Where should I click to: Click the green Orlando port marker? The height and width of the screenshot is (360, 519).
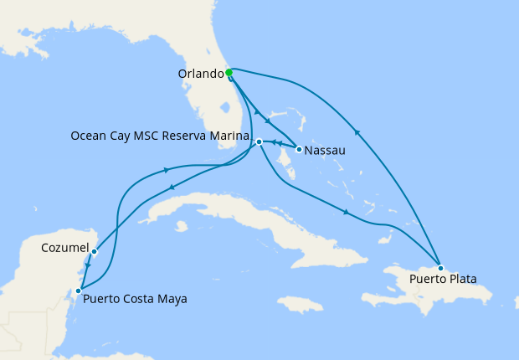[x=229, y=73]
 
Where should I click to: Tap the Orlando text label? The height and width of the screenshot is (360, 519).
[x=201, y=74]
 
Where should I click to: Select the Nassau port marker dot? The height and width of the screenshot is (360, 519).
[x=299, y=149]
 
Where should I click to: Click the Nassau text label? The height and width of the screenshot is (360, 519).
[x=324, y=152]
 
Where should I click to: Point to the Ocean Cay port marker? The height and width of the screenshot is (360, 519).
[x=259, y=141]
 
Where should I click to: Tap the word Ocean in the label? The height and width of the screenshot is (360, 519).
[x=88, y=136]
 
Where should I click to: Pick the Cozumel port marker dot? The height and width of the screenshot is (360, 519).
[x=95, y=251]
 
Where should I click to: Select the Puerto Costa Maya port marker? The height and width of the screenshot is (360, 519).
[x=78, y=291]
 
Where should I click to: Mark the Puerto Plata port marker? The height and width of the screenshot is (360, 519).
[x=440, y=268]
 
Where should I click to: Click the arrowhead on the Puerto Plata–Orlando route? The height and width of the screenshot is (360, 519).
[x=358, y=131]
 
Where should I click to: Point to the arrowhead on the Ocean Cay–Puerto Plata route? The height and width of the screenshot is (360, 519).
[x=346, y=212]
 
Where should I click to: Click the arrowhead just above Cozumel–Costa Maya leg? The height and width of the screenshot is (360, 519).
[x=87, y=265]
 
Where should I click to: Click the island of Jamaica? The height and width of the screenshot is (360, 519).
[x=299, y=304]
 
